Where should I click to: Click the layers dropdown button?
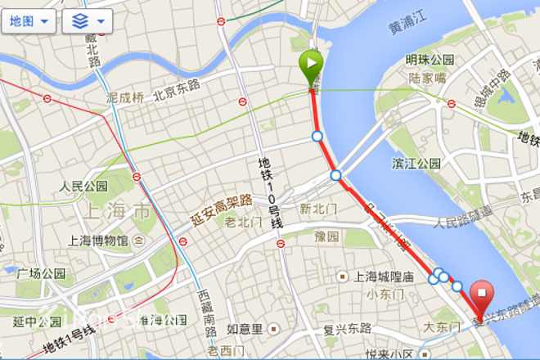click(x=87, y=21)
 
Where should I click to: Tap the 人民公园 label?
click(x=83, y=186)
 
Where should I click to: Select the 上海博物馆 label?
click(x=98, y=241)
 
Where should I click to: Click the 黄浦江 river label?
click(x=407, y=27)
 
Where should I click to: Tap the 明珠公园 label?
click(x=430, y=61)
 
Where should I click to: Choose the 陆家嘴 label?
click(x=427, y=78)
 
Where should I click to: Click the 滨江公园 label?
click(x=416, y=163)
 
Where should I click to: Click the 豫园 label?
click(x=326, y=236)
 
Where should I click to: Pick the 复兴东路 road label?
click(x=348, y=329)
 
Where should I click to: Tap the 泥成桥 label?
click(x=124, y=96)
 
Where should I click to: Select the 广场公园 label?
click(x=42, y=273)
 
